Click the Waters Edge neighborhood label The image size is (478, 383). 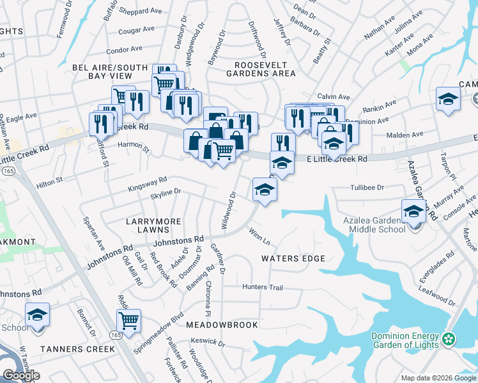pyautogui.click(x=293, y=259)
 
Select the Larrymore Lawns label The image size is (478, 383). pyautogui.click(x=153, y=221)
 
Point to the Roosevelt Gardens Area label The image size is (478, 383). pyautogui.click(x=265, y=69)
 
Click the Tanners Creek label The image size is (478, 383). pyautogui.click(x=77, y=349)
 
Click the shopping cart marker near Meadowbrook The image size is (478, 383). pyautogui.click(x=129, y=320)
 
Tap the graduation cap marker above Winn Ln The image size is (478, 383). pyautogui.click(x=265, y=189)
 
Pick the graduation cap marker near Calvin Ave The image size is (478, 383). pyautogui.click(x=449, y=99)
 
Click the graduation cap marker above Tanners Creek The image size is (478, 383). pyautogui.click(x=38, y=315)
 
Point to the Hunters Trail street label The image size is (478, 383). pyautogui.click(x=262, y=287)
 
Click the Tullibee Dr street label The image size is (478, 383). pyautogui.click(x=366, y=188)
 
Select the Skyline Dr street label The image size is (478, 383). pyautogui.click(x=166, y=191)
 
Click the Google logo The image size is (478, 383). pyautogui.click(x=21, y=375)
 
